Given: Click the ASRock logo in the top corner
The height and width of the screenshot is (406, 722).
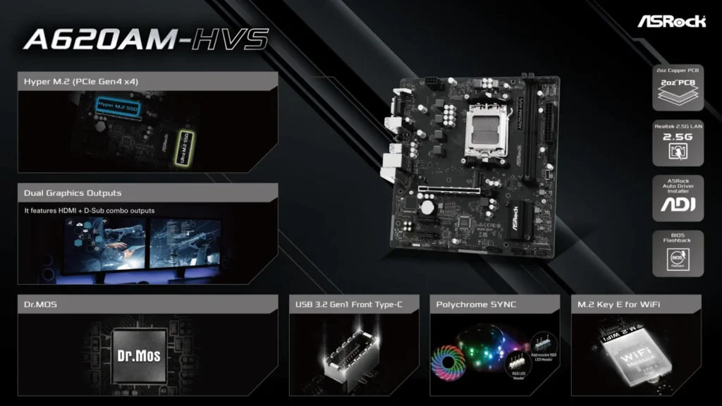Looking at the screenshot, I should pos(671,20).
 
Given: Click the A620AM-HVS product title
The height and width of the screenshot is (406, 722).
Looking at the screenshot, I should pos(146,40).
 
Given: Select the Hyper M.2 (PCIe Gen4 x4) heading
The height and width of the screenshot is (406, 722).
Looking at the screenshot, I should pos(81,82).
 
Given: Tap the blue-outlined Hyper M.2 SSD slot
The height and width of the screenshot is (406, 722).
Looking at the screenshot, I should pos(117,107).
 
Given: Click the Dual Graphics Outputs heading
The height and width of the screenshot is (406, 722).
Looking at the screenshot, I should pos(73,193).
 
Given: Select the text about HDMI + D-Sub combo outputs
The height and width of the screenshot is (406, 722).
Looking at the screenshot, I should pos(89,210).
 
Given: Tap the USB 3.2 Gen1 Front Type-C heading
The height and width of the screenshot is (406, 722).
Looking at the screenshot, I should pos(348,304).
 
